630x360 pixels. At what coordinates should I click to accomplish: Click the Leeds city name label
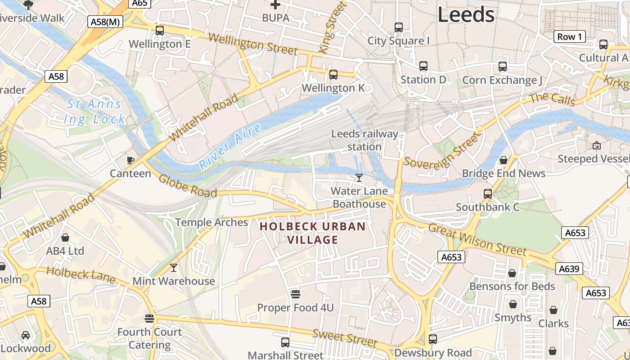pyautogui.click(x=466, y=15)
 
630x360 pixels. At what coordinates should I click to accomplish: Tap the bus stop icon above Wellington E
pyautogui.click(x=160, y=31)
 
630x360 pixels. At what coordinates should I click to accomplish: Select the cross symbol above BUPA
pyautogui.click(x=275, y=5)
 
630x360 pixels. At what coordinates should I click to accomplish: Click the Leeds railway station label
pyautogui.click(x=364, y=140)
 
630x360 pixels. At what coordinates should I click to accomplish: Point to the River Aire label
pyautogui.click(x=230, y=147)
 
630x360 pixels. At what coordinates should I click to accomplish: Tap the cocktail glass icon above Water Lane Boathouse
pyautogui.click(x=359, y=178)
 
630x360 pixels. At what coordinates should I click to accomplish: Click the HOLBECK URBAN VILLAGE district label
pyautogui.click(x=313, y=233)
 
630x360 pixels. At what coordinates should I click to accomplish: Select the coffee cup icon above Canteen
pyautogui.click(x=130, y=160)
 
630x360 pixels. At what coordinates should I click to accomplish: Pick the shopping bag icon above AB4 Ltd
pyautogui.click(x=65, y=238)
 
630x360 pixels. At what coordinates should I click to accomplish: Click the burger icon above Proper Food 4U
pyautogui.click(x=295, y=294)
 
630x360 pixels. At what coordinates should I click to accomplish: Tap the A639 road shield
pyautogui.click(x=570, y=269)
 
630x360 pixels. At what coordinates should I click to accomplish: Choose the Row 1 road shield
pyautogui.click(x=569, y=37)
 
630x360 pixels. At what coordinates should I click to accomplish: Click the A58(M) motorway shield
pyautogui.click(x=105, y=22)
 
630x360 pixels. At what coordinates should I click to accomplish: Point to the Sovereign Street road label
pyautogui.click(x=441, y=149)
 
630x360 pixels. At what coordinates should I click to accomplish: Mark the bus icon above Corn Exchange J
pyautogui.click(x=503, y=67)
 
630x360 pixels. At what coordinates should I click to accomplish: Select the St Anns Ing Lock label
pyautogui.click(x=94, y=112)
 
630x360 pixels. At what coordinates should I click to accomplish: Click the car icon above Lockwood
pyautogui.click(x=26, y=335)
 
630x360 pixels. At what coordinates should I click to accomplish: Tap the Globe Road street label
pyautogui.click(x=188, y=185)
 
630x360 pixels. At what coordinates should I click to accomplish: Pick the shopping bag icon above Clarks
pyautogui.click(x=553, y=310)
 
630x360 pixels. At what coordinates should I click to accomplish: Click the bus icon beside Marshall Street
pyautogui.click(x=285, y=342)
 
